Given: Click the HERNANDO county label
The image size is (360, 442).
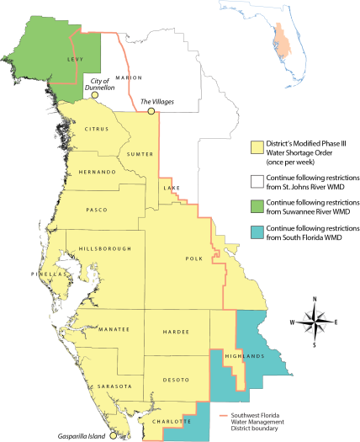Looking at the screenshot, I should pos(98,171).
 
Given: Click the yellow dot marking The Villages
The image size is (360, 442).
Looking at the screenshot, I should pos(151,111).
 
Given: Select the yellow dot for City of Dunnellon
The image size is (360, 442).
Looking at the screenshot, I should pos(95,95).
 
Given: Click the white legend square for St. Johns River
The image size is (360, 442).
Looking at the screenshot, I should pos(257,178).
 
